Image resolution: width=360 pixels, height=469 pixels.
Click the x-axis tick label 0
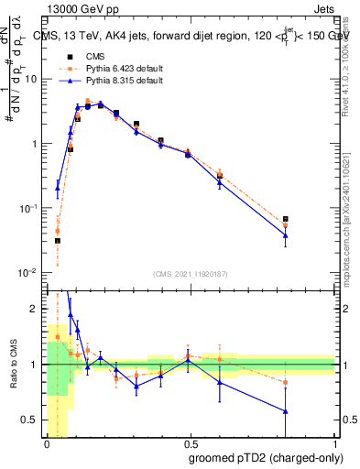click(x=47, y=442)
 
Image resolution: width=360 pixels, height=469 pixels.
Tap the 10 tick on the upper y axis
click(x=30, y=79)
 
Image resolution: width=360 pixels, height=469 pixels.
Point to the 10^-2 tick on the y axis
click(x=28, y=274)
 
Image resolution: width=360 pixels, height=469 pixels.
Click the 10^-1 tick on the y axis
click(x=28, y=209)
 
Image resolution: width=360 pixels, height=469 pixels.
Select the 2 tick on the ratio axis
click(x=35, y=310)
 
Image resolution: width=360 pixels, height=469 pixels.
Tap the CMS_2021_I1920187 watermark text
click(x=191, y=273)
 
